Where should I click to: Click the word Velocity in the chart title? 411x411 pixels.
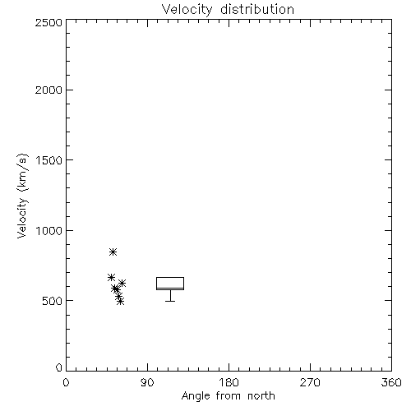187,10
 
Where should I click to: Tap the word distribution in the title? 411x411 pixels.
257,9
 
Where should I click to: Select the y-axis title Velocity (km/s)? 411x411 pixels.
22,196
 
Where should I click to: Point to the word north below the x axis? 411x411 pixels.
261,395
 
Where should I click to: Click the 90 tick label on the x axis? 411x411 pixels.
147,382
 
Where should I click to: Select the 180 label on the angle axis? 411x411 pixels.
229,382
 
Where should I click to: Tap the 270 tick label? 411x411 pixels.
310,382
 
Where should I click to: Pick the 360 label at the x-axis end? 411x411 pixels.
391,382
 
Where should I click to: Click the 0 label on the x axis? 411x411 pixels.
66,382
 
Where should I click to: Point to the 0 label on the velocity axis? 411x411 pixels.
59,367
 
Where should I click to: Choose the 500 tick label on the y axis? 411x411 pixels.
53,301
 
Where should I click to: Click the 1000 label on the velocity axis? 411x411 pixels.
49,230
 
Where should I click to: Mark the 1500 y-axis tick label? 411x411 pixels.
49,160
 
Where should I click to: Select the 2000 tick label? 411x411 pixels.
49,90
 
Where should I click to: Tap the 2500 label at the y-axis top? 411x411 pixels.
49,22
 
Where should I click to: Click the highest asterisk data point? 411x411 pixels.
113,252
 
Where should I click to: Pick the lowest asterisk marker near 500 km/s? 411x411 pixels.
120,302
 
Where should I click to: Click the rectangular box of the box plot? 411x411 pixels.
170,277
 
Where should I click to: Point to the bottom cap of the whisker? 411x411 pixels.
170,301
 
